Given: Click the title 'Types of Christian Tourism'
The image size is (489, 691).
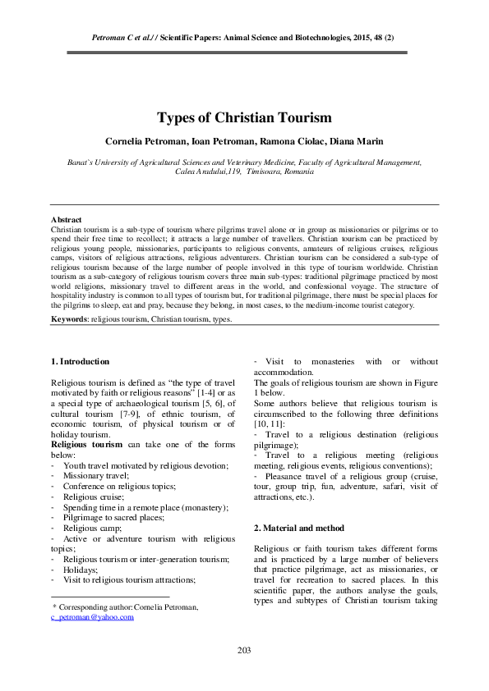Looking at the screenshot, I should [x=244, y=117].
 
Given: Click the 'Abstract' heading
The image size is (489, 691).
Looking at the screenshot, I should [x=66, y=220].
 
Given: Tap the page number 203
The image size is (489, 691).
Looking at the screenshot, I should [x=244, y=650].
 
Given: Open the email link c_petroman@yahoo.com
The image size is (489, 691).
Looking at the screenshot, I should [x=92, y=616].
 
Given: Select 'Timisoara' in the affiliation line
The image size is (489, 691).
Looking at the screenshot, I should [x=244, y=172].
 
